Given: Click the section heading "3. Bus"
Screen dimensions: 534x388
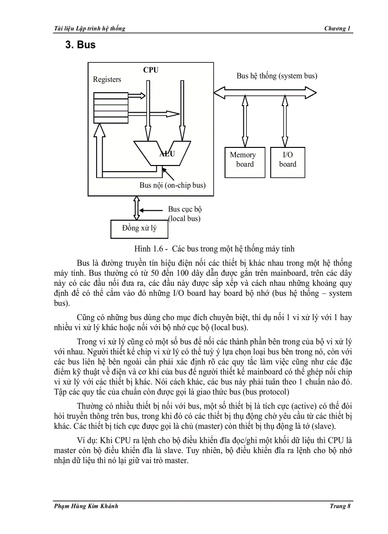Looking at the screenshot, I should pyautogui.click(x=80, y=45).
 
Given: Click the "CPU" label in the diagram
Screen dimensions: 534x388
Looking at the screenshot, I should pyautogui.click(x=151, y=70).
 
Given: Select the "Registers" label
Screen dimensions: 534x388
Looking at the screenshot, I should pyautogui.click(x=107, y=79).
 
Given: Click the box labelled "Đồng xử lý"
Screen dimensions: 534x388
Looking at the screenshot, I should pyautogui.click(x=139, y=229).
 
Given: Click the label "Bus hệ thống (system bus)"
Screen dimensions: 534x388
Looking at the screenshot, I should pyautogui.click(x=277, y=76).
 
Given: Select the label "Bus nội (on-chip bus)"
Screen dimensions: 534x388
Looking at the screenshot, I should pyautogui.click(x=172, y=185).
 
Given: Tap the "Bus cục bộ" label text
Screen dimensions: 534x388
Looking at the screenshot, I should pyautogui.click(x=185, y=209).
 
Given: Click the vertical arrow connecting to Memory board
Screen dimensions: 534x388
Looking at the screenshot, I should pyautogui.click(x=245, y=121).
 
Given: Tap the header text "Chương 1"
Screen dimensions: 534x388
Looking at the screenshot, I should pyautogui.click(x=337, y=29).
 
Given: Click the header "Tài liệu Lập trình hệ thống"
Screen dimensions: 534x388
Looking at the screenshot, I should pyautogui.click(x=90, y=29).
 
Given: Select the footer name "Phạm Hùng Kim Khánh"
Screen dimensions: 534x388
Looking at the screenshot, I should pyautogui.click(x=86, y=506).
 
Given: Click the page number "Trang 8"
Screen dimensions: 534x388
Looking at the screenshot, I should pyautogui.click(x=339, y=506).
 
